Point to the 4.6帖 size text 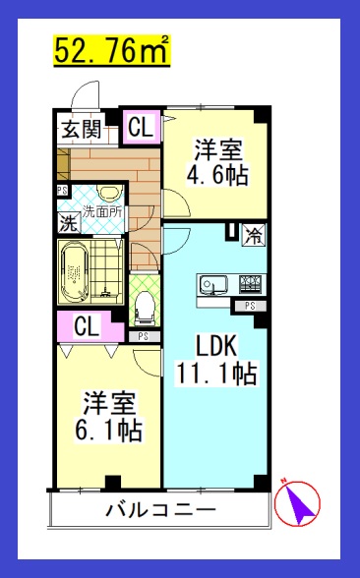coord(217,176)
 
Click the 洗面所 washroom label coord(101,210)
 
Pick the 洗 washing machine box coord(69,222)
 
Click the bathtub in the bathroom coord(76,272)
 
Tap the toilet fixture coord(144,307)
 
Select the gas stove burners coord(249,286)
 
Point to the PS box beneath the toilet coord(144,336)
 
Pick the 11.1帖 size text coord(216,375)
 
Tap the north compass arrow coord(301,502)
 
